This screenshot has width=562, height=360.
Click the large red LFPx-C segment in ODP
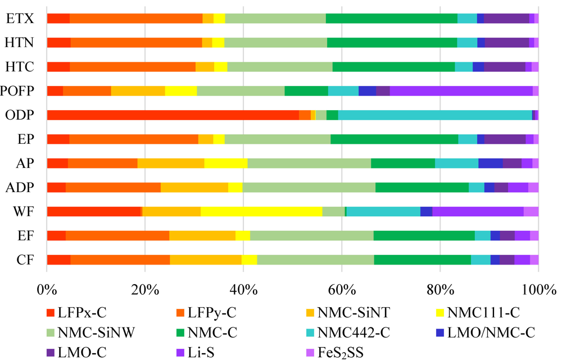[173, 115]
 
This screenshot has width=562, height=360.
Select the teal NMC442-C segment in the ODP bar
[435, 115]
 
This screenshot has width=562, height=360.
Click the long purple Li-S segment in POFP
[461, 91]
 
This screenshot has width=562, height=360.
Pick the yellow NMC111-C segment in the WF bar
[261, 212]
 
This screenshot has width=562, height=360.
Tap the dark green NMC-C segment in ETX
[391, 18]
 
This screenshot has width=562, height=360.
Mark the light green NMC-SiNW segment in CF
[315, 259]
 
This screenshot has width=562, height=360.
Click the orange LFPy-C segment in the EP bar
[134, 139]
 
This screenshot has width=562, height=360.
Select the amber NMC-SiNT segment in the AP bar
[171, 163]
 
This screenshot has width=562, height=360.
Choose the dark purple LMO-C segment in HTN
[507, 42]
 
